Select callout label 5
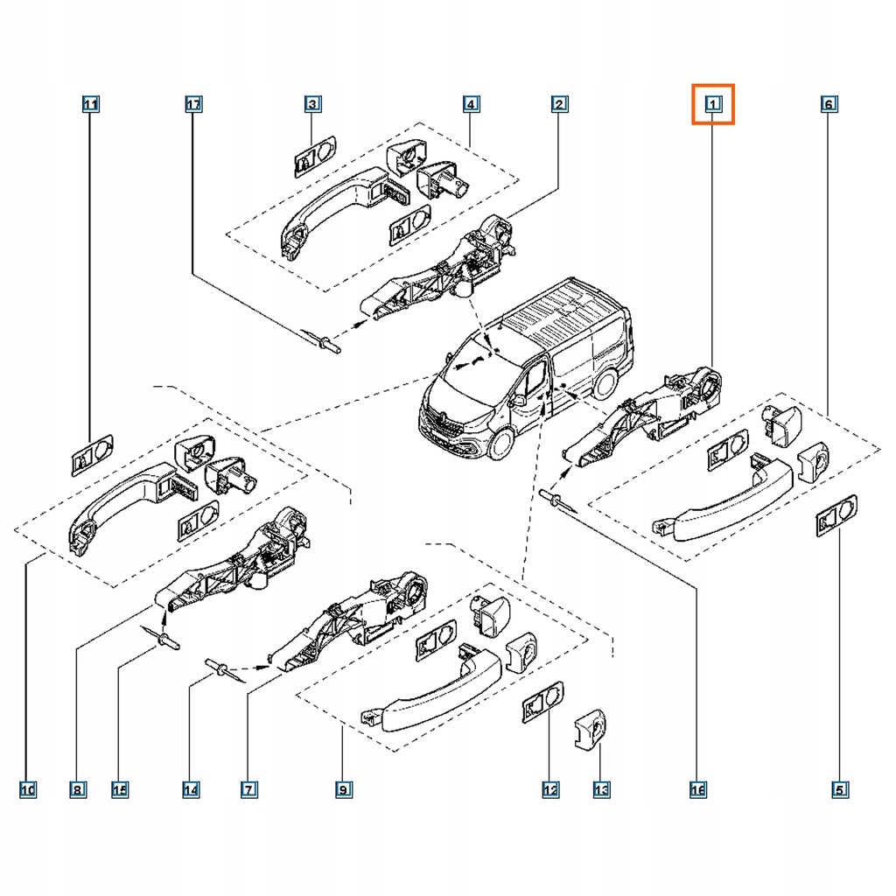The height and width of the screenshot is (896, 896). (x=839, y=790)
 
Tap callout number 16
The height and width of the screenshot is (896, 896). (x=697, y=790)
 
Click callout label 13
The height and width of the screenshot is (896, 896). (x=601, y=790)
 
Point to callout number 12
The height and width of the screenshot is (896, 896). (x=549, y=790)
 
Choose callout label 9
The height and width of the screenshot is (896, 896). (x=343, y=790)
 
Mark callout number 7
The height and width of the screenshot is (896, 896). (x=249, y=790)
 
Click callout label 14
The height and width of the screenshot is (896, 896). (x=191, y=790)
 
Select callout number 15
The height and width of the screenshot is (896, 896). (x=120, y=790)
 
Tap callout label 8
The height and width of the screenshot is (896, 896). (x=77, y=790)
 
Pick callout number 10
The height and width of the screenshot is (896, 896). (x=28, y=790)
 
